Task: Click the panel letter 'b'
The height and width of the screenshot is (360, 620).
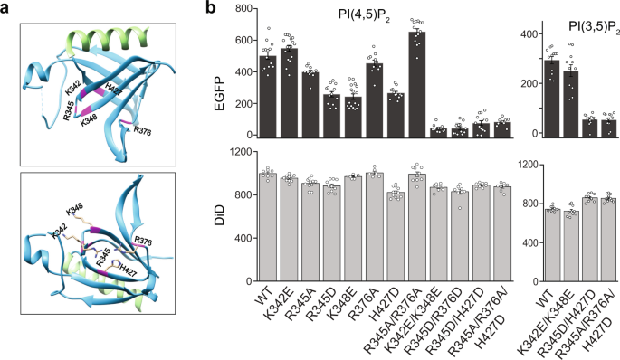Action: [211, 10]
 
